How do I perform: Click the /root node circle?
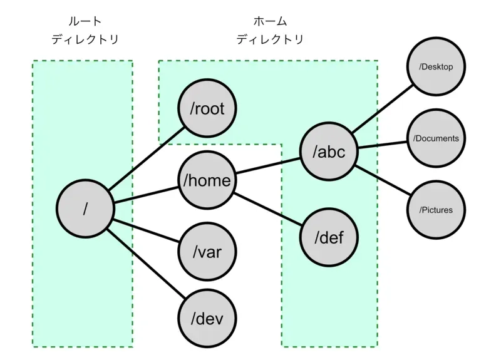pos(207,109)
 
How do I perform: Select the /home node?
pos(207,180)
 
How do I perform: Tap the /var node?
pos(207,252)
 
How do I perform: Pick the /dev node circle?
pos(207,319)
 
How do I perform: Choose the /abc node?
pos(329,152)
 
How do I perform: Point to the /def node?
pos(329,237)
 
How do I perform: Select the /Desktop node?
pos(436,67)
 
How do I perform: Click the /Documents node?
pos(436,138)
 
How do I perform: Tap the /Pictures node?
pos(436,210)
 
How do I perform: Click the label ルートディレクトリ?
pos(85,30)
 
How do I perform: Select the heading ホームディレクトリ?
pos(269,30)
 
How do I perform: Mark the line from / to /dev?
pos(145,264)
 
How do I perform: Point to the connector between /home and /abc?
pos(267,166)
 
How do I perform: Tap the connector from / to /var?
pos(145,230)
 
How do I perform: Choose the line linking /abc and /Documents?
pos(382,145)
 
